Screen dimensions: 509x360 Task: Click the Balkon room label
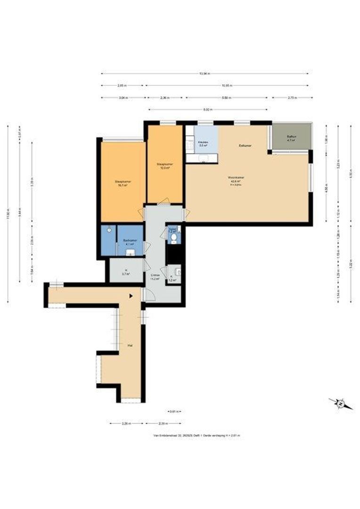(x=291, y=138)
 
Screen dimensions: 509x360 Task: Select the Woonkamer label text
(x=236, y=179)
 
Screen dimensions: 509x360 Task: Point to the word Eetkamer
(x=245, y=146)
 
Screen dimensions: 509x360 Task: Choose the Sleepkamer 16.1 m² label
(x=123, y=183)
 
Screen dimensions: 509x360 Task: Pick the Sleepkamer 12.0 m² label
(x=164, y=165)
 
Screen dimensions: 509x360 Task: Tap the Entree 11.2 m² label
(x=155, y=276)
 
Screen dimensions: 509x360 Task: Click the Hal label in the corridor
(x=129, y=345)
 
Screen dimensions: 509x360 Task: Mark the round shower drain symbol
(x=109, y=230)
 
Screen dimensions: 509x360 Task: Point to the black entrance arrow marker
(x=132, y=296)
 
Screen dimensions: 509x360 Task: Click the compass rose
(x=339, y=403)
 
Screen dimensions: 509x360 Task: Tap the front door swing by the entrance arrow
(x=150, y=295)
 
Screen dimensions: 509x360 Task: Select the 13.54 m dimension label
(x=204, y=74)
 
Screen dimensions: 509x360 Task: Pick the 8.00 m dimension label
(x=206, y=109)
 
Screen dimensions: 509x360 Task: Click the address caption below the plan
(x=196, y=435)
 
